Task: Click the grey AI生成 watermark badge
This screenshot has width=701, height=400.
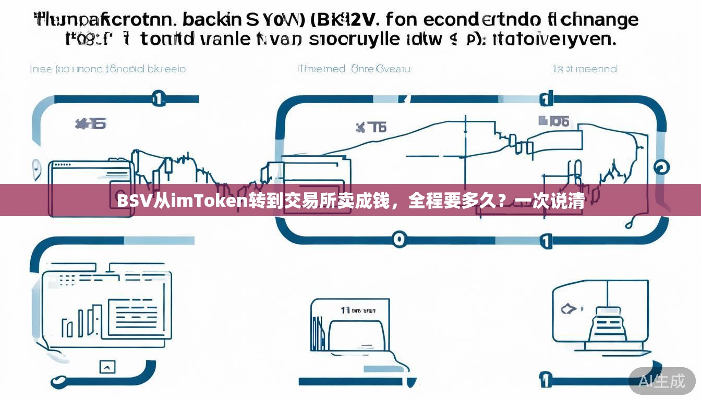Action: tap(662, 381)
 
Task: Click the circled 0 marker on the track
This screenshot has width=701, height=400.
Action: tap(398, 239)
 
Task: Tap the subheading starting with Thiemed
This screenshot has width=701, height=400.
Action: tap(355, 69)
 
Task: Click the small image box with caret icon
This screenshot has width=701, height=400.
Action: tap(107, 367)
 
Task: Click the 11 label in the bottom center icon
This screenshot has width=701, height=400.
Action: tap(345, 310)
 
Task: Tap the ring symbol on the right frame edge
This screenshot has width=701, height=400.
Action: tap(661, 167)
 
